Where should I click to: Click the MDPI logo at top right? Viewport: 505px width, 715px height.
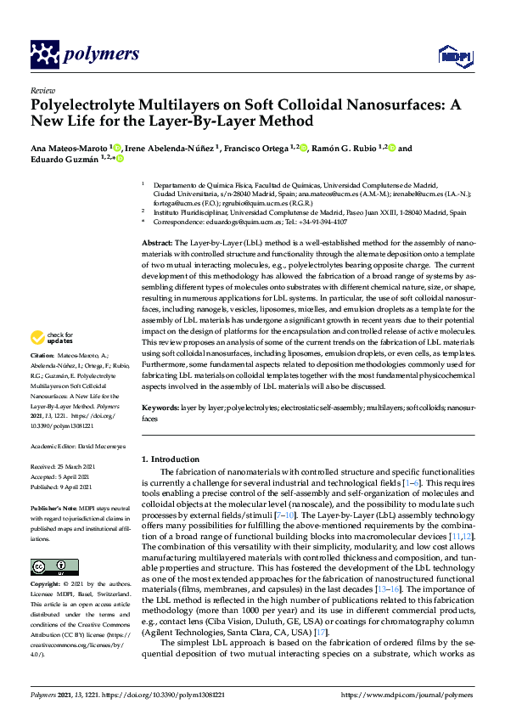(x=450, y=56)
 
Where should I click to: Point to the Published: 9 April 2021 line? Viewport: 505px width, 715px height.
(x=67, y=487)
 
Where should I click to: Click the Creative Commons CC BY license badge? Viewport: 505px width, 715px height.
(x=48, y=566)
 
